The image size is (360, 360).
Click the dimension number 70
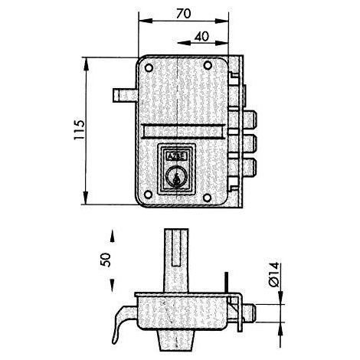point(184,13)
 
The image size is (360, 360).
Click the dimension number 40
point(201,37)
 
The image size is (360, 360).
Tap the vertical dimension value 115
point(79,129)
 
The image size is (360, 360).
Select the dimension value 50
point(106,260)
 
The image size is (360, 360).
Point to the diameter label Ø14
point(273,274)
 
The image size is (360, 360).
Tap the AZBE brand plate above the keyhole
point(176,156)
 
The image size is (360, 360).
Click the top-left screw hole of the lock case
point(149,68)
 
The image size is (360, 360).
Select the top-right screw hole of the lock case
point(208,66)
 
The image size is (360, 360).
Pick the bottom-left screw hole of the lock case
point(148,195)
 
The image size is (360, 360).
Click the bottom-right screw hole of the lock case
point(208,197)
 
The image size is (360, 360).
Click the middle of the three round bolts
point(249,144)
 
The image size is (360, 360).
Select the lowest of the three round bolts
point(249,167)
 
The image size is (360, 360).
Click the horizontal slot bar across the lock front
point(183,131)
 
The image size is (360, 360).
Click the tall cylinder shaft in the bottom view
point(176,260)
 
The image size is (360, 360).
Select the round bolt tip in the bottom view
point(249,313)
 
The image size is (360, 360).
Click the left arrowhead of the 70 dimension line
point(145,21)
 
